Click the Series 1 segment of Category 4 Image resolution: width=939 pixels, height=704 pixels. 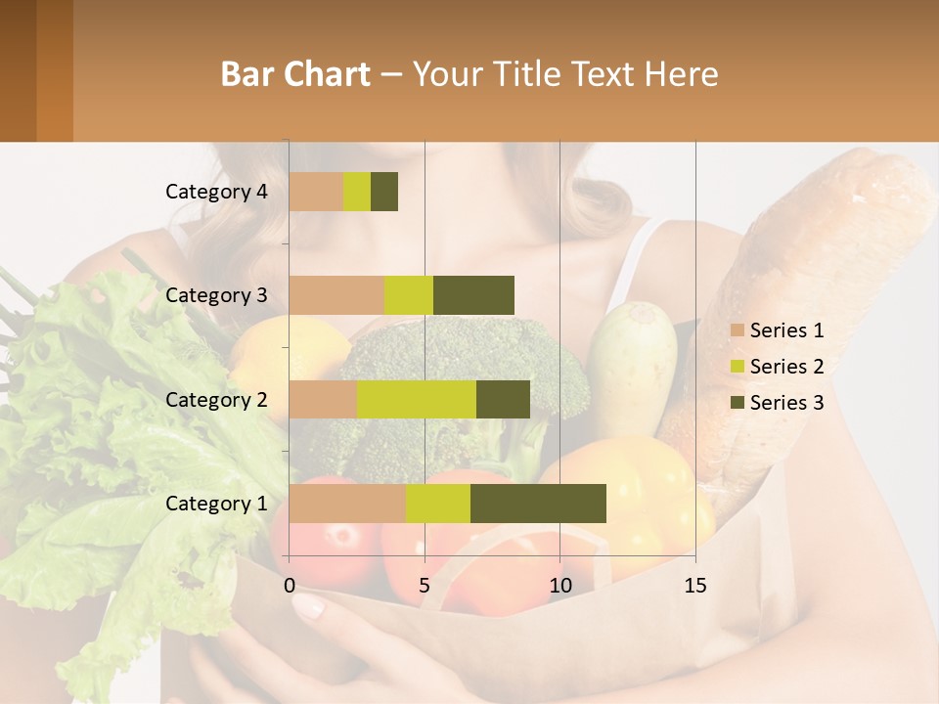click(316, 192)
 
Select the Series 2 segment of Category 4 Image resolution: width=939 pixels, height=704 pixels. click(357, 192)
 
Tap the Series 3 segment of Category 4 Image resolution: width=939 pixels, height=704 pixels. click(384, 192)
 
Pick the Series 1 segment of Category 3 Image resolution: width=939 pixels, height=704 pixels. click(336, 295)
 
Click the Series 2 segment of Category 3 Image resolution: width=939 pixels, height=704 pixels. click(409, 295)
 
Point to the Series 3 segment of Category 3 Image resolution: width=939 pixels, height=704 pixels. click(473, 295)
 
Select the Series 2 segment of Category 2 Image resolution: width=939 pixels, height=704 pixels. click(417, 399)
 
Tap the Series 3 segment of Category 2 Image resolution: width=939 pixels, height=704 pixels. click(503, 399)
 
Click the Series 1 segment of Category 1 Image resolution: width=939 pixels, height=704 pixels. click(347, 504)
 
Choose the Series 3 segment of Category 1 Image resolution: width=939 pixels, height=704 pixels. click(538, 504)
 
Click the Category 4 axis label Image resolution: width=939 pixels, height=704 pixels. click(216, 192)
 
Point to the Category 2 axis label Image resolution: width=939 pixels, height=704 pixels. click(216, 400)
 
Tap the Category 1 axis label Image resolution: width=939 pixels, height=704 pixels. click(216, 504)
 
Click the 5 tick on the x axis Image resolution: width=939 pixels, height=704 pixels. click(425, 586)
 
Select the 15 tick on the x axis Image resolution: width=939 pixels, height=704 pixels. click(694, 586)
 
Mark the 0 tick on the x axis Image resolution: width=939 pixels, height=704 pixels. click(290, 586)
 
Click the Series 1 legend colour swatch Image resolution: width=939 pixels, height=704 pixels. click(737, 330)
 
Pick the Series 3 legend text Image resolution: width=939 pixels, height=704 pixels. click(786, 403)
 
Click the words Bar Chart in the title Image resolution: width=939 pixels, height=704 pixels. click(295, 74)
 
